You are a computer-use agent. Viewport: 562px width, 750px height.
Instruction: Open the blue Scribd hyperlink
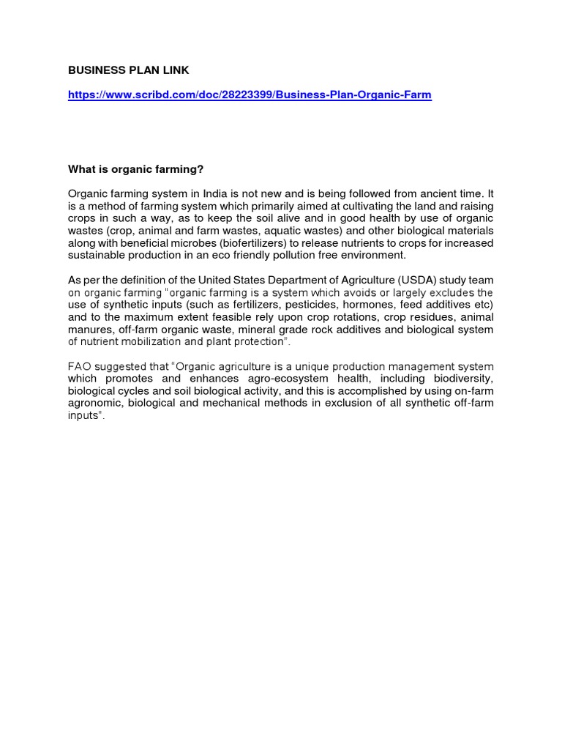[x=250, y=96]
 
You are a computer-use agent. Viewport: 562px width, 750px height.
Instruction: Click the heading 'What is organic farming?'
[x=136, y=169]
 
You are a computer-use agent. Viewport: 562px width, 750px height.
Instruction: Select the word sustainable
[x=97, y=256]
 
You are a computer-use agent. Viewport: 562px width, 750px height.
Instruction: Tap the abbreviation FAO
[x=80, y=366]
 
